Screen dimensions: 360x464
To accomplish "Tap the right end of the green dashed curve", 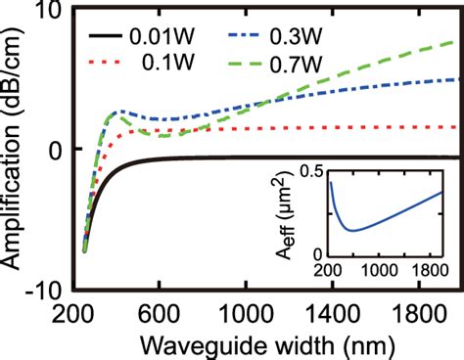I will [452, 42].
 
